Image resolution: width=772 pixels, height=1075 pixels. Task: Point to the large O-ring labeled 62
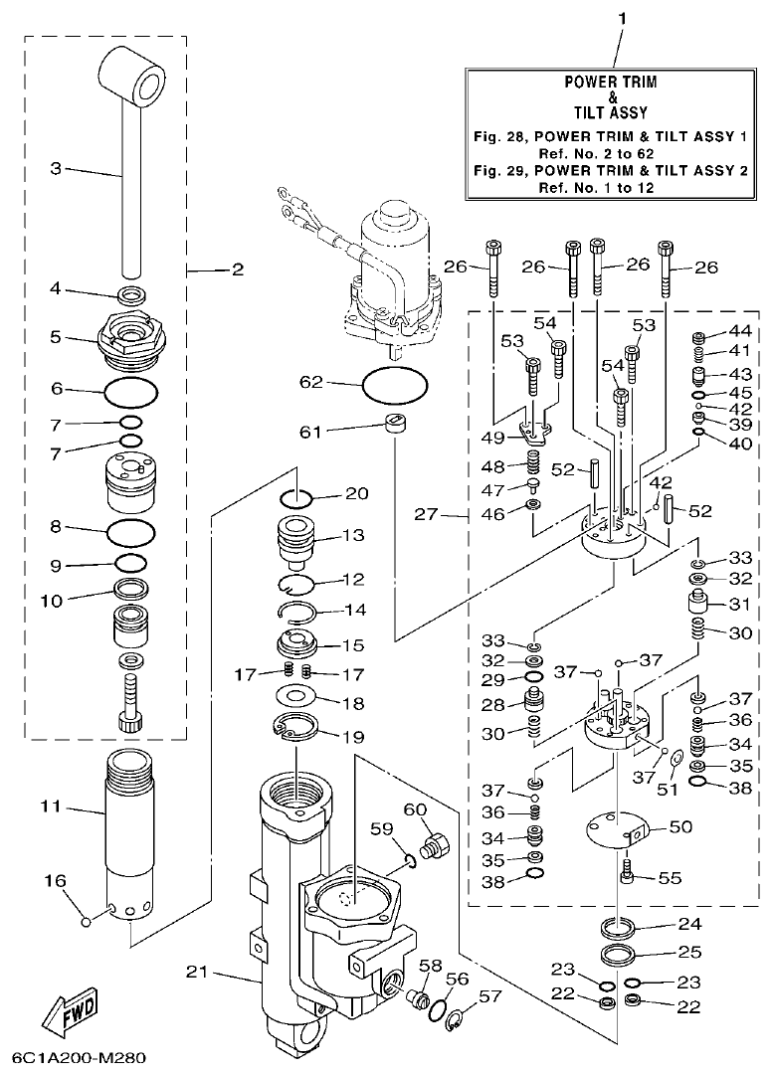pos(396,383)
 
